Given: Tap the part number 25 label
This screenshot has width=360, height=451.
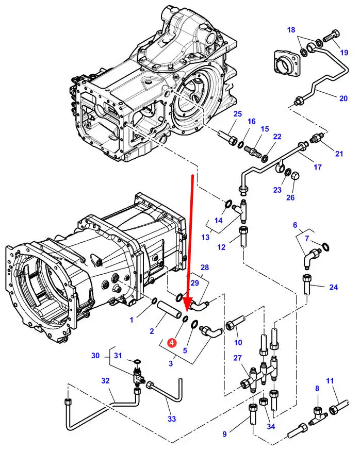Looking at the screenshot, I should pyautogui.click(x=237, y=114).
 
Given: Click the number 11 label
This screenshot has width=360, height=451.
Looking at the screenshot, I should pyautogui.click(x=330, y=382).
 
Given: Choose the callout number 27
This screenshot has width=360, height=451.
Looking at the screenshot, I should pyautogui.click(x=237, y=359).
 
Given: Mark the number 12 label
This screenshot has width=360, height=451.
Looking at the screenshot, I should pyautogui.click(x=222, y=247).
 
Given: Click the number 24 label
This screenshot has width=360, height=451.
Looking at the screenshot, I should pyautogui.click(x=334, y=287).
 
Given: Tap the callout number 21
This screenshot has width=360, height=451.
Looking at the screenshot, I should pyautogui.click(x=338, y=154).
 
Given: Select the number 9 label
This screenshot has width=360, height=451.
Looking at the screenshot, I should pyautogui.click(x=224, y=434).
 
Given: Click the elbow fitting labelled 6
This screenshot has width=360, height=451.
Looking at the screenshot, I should pyautogui.click(x=310, y=257).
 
